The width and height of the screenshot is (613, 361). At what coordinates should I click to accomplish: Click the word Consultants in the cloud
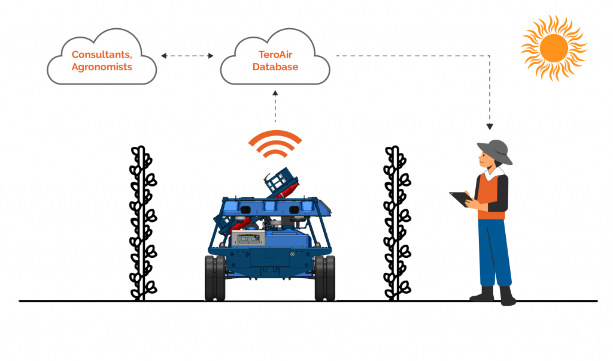[101, 55]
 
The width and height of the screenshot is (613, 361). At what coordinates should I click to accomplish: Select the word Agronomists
[102, 67]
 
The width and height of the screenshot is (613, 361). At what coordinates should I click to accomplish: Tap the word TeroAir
[275, 55]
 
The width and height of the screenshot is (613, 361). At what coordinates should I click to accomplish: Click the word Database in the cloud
[275, 67]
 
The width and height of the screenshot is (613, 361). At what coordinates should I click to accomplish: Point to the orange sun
[553, 47]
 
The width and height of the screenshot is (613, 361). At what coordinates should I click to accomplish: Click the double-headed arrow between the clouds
[187, 56]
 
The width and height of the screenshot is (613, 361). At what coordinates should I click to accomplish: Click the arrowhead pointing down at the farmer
[490, 126]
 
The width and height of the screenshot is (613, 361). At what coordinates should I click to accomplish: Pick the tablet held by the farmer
[460, 198]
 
